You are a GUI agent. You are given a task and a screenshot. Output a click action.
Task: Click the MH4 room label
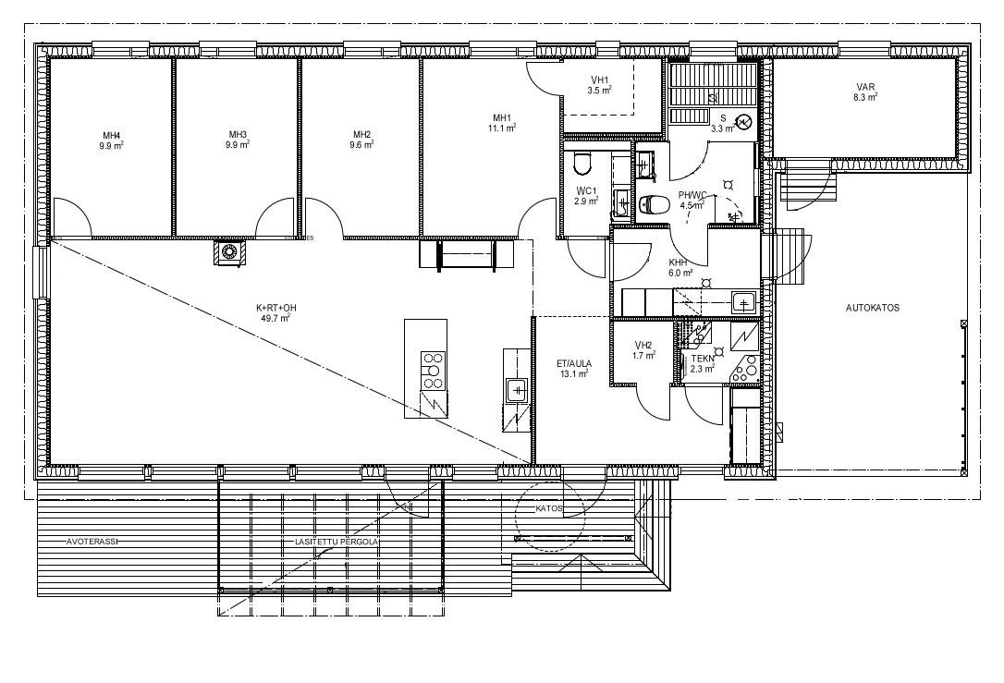[112, 140]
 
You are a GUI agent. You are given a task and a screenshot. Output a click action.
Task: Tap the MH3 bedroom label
[238, 139]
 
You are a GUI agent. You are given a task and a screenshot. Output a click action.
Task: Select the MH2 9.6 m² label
[362, 139]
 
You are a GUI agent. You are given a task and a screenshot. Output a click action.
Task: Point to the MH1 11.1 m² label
[502, 122]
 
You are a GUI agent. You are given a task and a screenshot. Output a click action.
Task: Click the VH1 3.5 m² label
[600, 84]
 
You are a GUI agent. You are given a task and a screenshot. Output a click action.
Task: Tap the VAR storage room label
[865, 92]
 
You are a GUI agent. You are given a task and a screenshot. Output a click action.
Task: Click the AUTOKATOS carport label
[873, 308]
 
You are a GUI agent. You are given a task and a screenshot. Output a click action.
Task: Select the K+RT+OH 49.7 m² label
[276, 312]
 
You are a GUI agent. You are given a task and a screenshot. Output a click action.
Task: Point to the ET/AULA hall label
[574, 369]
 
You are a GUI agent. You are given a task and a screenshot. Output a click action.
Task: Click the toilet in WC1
[582, 164]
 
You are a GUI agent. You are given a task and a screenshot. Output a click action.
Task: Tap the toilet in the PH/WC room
[654, 204]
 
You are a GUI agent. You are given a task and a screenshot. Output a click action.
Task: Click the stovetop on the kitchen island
[433, 370]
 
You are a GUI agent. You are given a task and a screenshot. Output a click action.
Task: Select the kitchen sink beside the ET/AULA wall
[516, 390]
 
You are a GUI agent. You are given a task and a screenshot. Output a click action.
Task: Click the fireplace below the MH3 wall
[229, 251]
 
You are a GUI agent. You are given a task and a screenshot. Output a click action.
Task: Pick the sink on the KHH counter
[742, 301]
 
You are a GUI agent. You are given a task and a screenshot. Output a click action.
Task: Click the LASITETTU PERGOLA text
[337, 542]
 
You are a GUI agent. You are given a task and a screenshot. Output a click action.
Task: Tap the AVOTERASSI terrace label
[92, 542]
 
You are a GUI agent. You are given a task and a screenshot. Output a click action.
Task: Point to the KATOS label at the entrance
[549, 509]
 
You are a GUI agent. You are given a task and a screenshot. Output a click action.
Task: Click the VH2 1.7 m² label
[643, 349]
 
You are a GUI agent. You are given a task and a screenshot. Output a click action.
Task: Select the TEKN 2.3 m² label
[703, 363]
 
